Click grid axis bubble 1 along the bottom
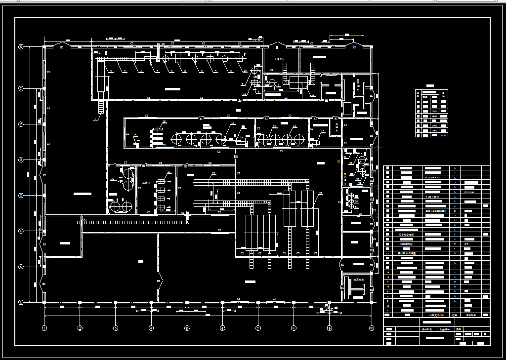44,328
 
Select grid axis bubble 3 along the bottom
116,328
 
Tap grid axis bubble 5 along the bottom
187,328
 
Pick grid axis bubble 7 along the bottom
258,328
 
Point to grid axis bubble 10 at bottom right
371,328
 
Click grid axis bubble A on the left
21,302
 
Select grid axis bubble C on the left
21,231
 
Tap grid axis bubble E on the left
21,160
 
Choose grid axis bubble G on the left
21,89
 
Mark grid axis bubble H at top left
21,47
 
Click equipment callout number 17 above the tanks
233,123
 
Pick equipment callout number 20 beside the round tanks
113,179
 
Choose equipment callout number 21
169,172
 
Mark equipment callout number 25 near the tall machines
320,193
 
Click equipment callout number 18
165,121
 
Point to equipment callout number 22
213,173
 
